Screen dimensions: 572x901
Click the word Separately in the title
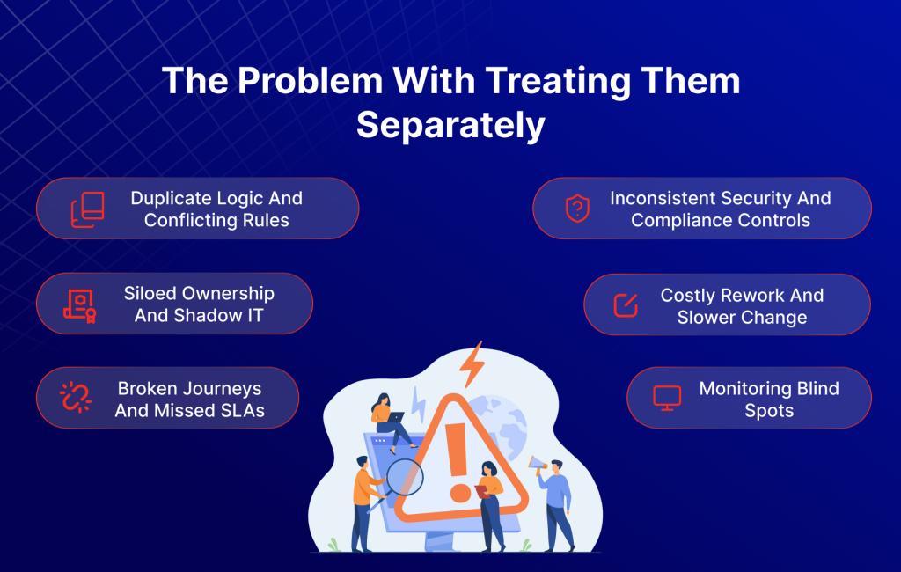tap(450, 126)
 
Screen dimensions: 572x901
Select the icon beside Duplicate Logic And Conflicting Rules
tap(87, 209)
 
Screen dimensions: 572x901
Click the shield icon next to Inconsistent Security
tap(576, 209)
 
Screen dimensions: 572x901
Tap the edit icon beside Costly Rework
tap(625, 305)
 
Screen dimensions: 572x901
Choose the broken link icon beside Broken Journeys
tap(76, 398)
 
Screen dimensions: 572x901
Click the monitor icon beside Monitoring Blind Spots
tap(667, 398)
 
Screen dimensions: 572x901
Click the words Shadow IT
tap(231, 315)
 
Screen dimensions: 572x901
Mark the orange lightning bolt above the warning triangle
tap(473, 363)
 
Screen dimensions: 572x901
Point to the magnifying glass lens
tap(405, 478)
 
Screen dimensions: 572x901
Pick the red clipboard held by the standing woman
tap(480, 492)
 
